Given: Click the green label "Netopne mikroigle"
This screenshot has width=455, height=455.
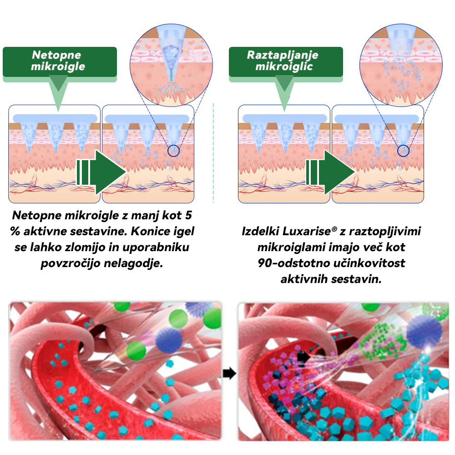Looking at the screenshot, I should [x=59, y=61].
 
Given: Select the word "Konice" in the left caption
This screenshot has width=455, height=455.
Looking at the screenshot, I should [x=149, y=232].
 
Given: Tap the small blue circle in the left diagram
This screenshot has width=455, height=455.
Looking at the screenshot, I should [x=173, y=151].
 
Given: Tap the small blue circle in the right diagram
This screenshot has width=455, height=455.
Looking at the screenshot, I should [x=402, y=151].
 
